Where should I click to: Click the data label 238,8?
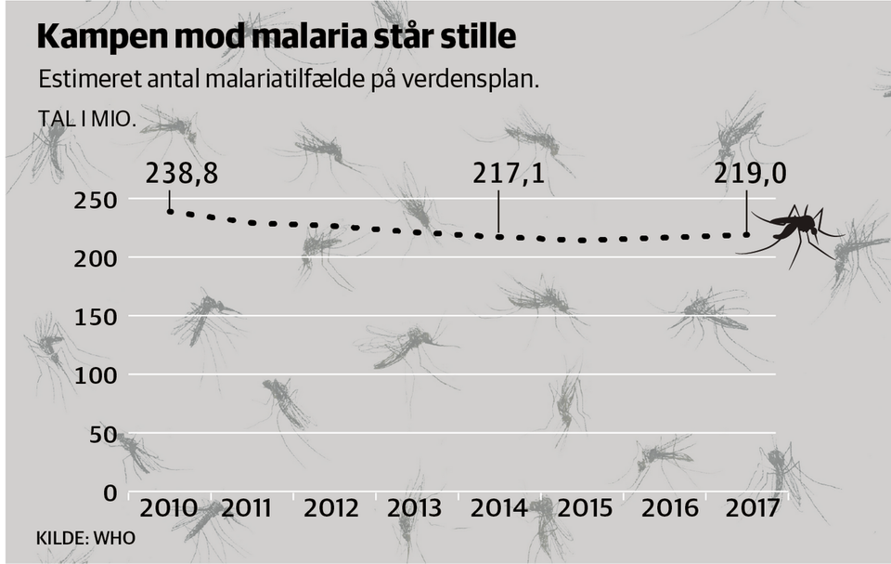pyautogui.click(x=182, y=174)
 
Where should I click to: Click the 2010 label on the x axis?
pyautogui.click(x=168, y=509)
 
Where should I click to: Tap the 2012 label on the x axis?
pyautogui.click(x=331, y=509)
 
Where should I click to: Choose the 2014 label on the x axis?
pyautogui.click(x=498, y=509)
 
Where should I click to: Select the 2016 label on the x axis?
pyautogui.click(x=665, y=509)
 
